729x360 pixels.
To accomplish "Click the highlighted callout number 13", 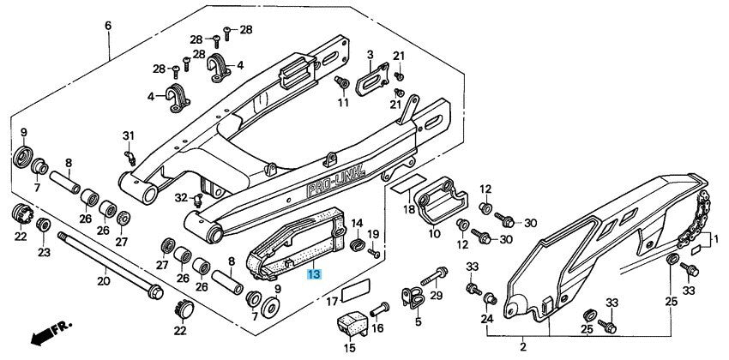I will [314, 274].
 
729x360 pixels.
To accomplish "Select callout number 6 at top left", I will [108, 25].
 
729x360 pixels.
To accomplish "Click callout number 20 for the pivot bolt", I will [103, 280].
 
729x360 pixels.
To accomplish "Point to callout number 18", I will [409, 208].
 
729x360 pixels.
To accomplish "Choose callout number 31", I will [129, 136].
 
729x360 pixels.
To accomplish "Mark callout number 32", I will [181, 198].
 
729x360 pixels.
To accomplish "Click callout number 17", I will [330, 301].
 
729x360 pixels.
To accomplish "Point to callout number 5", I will [418, 322].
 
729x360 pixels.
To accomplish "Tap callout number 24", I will [486, 320].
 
